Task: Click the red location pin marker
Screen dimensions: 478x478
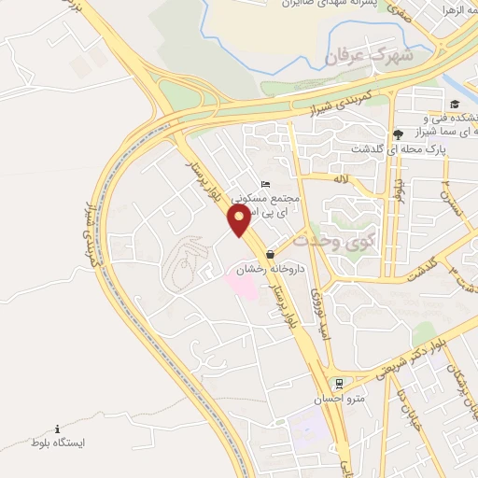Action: pos(239,220)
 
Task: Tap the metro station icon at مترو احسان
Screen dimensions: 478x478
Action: pos(340,383)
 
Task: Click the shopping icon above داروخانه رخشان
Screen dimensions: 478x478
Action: pos(271,254)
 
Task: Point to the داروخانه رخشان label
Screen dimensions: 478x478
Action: pos(258,268)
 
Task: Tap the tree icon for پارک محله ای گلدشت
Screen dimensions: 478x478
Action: pos(399,134)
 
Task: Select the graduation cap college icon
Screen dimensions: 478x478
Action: pos(455,104)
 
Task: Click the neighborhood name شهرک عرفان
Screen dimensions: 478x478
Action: pos(369,57)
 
